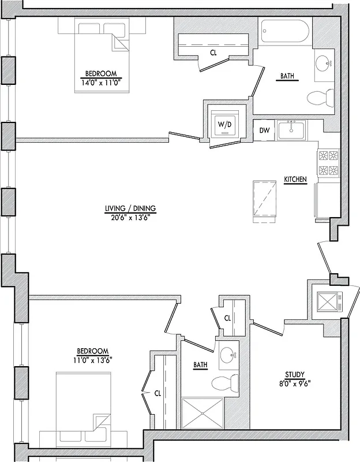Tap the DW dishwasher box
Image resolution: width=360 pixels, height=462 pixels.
point(264,131)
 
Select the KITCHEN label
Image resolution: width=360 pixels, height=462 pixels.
point(295,181)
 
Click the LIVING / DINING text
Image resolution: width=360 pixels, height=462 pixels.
point(130,208)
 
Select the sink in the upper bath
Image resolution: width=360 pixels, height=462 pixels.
point(324,61)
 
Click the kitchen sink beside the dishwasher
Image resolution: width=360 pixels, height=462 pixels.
point(292,131)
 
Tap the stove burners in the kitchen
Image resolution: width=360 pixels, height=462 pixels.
point(328,163)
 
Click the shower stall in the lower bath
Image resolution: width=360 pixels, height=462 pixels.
point(202,413)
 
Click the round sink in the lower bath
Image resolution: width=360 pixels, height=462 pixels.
point(228,356)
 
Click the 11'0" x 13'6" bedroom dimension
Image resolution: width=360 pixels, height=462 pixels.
point(93,360)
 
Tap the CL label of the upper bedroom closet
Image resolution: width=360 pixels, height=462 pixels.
point(213,52)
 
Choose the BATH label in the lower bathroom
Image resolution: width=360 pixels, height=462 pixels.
point(200,364)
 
